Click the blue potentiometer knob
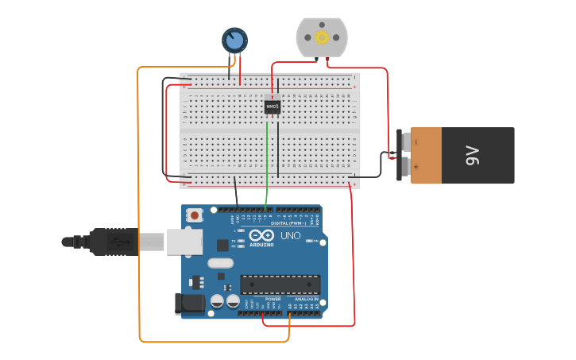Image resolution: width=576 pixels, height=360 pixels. pyautogui.click(x=234, y=39)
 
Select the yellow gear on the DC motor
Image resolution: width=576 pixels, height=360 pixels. pyautogui.click(x=322, y=37)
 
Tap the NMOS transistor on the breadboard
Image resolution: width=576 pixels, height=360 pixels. pyautogui.click(x=273, y=106)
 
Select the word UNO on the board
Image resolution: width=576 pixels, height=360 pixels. pyautogui.click(x=290, y=236)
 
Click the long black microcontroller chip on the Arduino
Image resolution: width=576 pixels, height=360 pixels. pyautogui.click(x=280, y=284)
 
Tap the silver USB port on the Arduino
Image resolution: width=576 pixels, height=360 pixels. pyautogui.click(x=184, y=241)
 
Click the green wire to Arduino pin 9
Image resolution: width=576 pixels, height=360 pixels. pyautogui.click(x=268, y=159)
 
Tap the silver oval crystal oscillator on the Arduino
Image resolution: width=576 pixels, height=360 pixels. pyautogui.click(x=221, y=263)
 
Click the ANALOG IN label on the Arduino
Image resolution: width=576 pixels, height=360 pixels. pyautogui.click(x=305, y=299)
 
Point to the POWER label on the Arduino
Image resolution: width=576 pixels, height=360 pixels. pyautogui.click(x=262, y=299)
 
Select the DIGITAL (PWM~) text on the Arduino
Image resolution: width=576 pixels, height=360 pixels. pyautogui.click(x=285, y=223)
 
